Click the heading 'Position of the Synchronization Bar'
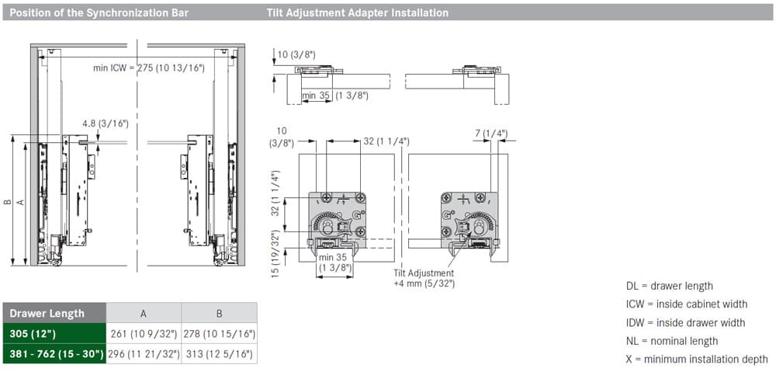(99, 13)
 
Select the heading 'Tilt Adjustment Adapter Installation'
(357, 13)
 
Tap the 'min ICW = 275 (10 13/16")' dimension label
(149, 68)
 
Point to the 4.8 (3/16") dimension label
(106, 123)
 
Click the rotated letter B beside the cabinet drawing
(7, 202)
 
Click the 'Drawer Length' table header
(47, 314)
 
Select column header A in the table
(144, 314)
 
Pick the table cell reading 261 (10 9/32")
(144, 334)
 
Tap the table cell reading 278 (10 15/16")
(220, 334)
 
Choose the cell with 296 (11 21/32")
(144, 354)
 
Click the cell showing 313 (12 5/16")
(220, 354)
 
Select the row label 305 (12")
(33, 334)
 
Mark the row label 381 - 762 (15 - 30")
(56, 354)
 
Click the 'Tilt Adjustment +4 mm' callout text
(424, 278)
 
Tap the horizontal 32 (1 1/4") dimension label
(386, 141)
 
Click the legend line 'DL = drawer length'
(670, 287)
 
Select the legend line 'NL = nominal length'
(671, 341)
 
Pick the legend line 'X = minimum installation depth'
(697, 359)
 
